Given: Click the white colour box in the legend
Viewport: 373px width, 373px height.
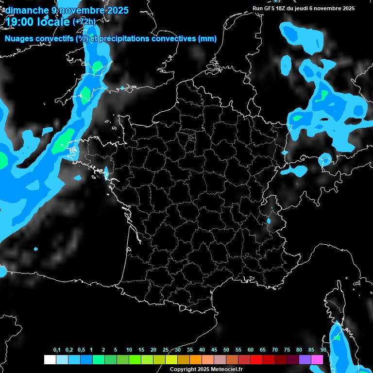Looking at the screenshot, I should [50, 359].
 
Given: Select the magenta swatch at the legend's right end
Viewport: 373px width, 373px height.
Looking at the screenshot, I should [317, 359].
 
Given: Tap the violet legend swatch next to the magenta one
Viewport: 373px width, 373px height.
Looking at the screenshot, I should [305, 359].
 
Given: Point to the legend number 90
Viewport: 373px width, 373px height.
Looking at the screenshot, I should [323, 350].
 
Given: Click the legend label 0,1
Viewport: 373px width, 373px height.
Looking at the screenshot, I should [57, 350].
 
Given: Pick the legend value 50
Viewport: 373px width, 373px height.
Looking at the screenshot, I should [226, 350].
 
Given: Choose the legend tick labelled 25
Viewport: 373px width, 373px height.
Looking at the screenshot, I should [166, 350].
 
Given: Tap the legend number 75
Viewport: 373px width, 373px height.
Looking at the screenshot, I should [287, 350].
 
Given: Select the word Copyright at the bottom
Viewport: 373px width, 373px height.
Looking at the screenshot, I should [183, 370].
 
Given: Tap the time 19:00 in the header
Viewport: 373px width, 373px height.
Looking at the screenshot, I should [19, 22].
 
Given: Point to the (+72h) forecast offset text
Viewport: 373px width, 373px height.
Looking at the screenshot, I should [84, 22].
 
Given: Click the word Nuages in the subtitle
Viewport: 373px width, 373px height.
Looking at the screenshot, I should [19, 39].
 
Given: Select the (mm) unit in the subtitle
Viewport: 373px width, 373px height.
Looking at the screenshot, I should [207, 39].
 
